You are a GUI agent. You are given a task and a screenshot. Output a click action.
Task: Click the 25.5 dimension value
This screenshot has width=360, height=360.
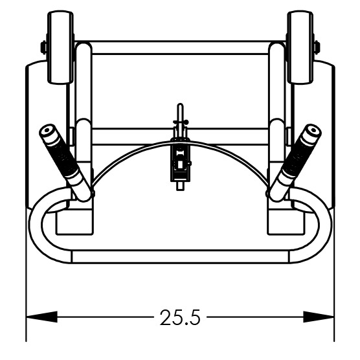180,317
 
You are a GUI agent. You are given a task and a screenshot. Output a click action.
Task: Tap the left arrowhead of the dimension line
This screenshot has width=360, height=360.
41,317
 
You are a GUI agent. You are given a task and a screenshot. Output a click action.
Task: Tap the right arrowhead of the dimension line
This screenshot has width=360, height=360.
319,317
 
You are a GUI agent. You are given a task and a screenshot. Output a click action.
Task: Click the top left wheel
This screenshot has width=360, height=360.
60,47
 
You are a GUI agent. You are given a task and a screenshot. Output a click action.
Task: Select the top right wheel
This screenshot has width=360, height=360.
300,47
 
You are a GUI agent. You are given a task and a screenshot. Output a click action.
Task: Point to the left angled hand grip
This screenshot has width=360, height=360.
65,163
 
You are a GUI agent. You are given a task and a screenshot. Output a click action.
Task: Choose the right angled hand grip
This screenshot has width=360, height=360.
295,163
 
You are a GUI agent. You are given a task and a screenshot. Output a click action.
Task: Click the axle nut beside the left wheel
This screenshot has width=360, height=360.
43,47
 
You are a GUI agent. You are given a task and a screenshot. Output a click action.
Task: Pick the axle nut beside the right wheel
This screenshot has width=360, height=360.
317,47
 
